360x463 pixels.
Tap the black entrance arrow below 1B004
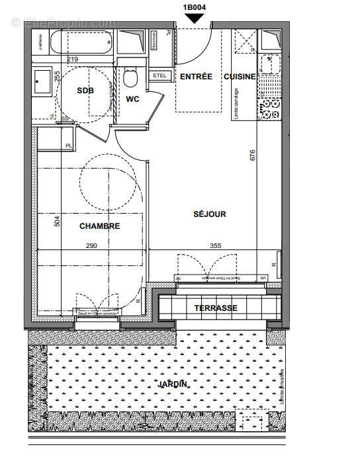[x=195, y=19]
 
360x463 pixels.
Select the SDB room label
[x=85, y=91]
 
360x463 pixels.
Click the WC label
[x=133, y=99]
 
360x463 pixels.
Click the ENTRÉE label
[x=196, y=77]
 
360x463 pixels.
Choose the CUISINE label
[x=239, y=77]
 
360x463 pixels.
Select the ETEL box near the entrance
[x=159, y=76]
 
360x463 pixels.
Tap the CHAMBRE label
[x=100, y=226]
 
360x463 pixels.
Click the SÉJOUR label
[x=210, y=214]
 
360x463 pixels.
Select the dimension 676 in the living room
[x=252, y=156]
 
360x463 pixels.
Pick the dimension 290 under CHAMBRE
[x=91, y=246]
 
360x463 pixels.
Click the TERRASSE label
[x=216, y=308]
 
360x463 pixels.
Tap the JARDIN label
[x=173, y=384]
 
